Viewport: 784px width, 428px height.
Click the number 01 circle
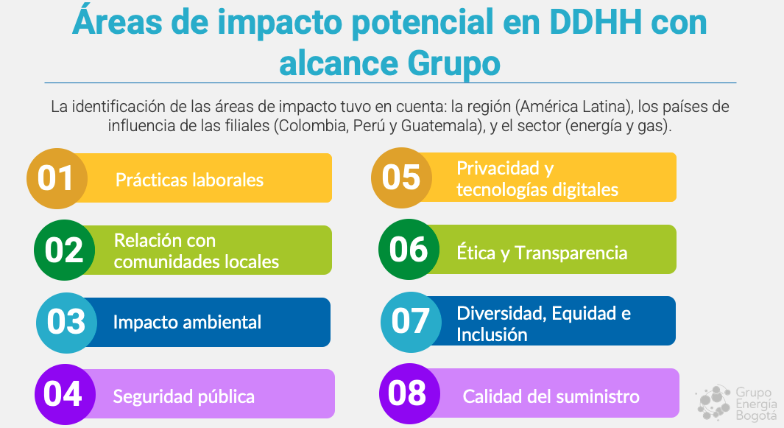tap(57, 178)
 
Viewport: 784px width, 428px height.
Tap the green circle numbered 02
tap(65, 250)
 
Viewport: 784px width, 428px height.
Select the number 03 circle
tap(66, 323)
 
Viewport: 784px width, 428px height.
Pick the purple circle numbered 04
tap(65, 394)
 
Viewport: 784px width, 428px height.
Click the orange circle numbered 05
tap(401, 178)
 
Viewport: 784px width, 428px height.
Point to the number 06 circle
tap(409, 249)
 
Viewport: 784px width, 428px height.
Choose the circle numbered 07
tap(411, 322)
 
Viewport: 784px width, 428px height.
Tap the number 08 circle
tap(409, 394)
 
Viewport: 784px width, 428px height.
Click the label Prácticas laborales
tap(189, 180)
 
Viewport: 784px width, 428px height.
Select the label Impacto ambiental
tap(187, 322)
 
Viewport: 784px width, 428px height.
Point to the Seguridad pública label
tap(183, 396)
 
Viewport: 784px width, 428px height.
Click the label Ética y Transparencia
tap(542, 252)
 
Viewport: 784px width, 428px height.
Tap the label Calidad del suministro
tap(551, 396)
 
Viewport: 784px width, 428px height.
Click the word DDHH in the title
tap(596, 23)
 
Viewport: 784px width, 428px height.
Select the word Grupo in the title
tap(453, 64)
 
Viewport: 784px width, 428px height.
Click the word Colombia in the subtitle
tap(313, 126)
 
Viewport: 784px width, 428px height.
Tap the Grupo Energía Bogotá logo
tap(737, 403)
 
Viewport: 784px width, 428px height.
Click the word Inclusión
tap(492, 334)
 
